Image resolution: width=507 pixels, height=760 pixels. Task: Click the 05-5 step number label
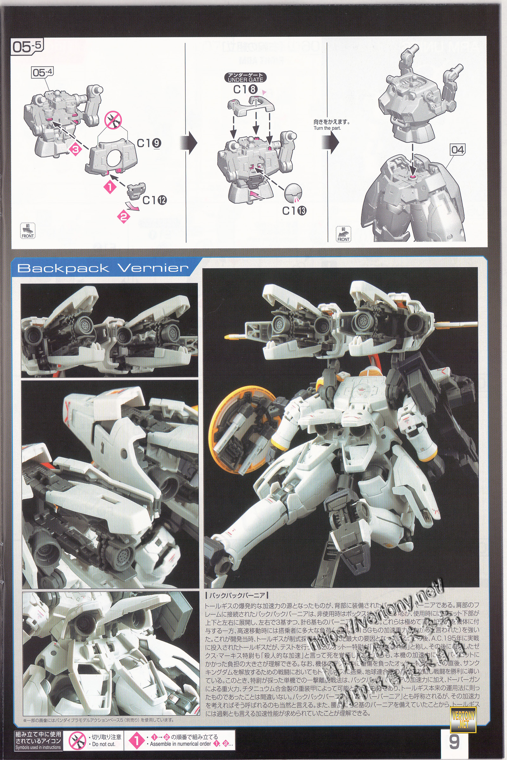click(27, 47)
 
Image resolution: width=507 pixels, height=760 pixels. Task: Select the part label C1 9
click(149, 143)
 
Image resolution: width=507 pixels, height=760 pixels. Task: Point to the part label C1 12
click(155, 200)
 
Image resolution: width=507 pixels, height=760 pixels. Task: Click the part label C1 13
click(294, 211)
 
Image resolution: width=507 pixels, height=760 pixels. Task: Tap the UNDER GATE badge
click(245, 78)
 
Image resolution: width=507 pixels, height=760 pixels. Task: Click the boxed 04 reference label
click(458, 150)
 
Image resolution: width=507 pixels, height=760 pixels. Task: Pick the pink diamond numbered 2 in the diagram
click(124, 216)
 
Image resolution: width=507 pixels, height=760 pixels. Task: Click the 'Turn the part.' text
click(327, 128)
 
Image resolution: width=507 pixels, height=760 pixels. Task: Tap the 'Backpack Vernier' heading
click(103, 268)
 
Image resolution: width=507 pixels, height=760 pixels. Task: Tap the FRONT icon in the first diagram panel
click(28, 231)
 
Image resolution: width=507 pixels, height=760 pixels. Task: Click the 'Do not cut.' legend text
click(104, 744)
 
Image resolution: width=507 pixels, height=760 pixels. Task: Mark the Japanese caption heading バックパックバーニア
click(237, 596)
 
